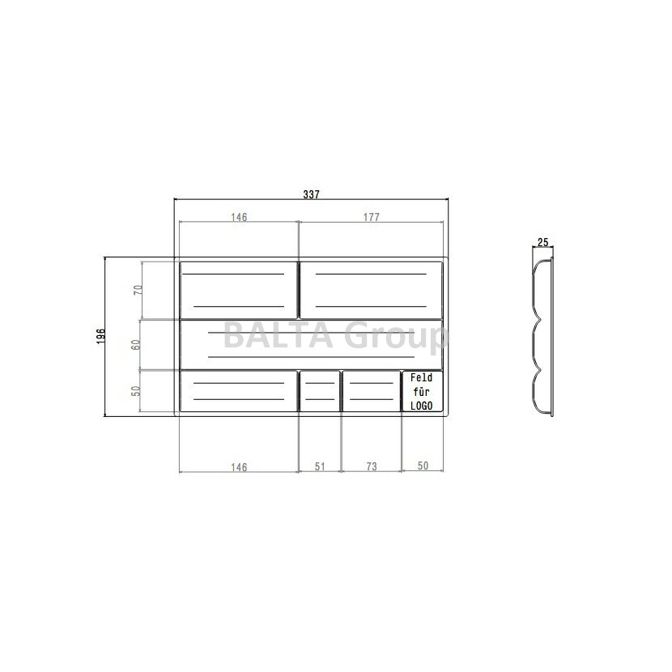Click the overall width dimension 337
(x=311, y=194)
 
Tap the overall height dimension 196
(x=100, y=337)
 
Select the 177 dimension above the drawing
(x=371, y=217)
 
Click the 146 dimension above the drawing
(x=239, y=217)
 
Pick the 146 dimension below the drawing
(x=239, y=467)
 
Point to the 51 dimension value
(x=320, y=466)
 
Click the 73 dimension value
(x=372, y=466)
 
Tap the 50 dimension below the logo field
(x=423, y=466)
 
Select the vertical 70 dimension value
(x=138, y=290)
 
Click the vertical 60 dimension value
(x=136, y=345)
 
